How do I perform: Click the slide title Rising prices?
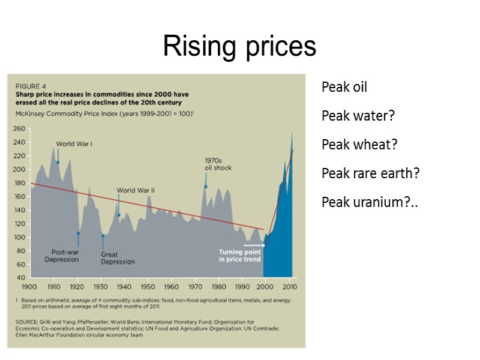(x=239, y=46)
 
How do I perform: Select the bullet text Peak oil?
(x=344, y=88)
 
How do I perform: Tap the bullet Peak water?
(x=358, y=115)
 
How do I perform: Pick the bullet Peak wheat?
(x=359, y=145)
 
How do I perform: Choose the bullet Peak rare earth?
(x=370, y=173)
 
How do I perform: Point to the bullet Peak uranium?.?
(x=369, y=202)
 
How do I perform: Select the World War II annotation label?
(x=136, y=191)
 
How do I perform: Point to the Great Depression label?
(x=118, y=258)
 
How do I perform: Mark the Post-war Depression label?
(x=61, y=256)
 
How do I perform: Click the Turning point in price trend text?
(x=239, y=256)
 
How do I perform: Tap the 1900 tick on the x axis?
(x=29, y=286)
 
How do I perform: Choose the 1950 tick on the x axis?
(x=148, y=286)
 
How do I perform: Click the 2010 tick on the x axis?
(x=289, y=286)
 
